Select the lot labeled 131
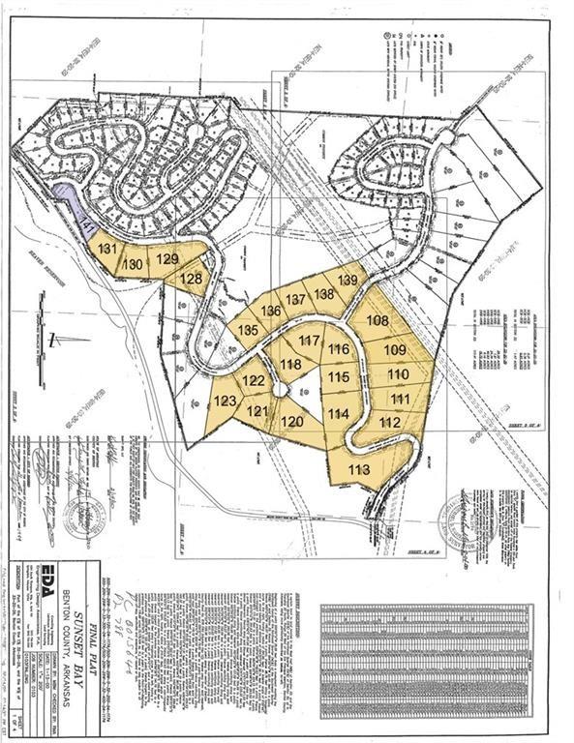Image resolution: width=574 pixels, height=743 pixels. [107, 250]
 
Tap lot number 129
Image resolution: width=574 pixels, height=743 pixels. [167, 258]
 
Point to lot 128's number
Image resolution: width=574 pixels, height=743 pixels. [193, 279]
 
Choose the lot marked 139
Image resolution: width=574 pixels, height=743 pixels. [348, 280]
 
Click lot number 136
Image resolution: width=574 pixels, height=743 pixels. [271, 311]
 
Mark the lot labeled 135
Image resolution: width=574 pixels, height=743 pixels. [248, 330]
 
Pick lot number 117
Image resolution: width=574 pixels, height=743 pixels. [310, 341]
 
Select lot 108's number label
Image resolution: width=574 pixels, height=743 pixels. [378, 320]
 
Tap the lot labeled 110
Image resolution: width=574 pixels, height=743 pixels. [398, 373]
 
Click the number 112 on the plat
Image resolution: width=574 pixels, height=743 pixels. [390, 422]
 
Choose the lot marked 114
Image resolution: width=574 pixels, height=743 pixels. [338, 413]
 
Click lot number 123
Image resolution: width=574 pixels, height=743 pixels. [225, 401]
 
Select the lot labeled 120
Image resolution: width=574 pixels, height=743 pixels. [292, 422]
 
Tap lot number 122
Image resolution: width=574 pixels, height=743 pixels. [253, 380]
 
